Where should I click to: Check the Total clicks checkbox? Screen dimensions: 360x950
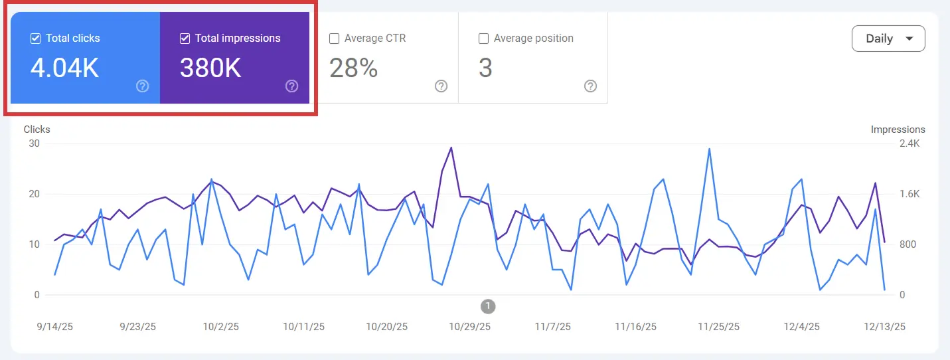click(36, 39)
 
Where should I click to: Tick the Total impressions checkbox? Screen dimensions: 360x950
click(185, 39)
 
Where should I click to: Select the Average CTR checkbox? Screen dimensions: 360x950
click(335, 39)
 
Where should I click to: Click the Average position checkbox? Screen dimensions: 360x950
click(484, 39)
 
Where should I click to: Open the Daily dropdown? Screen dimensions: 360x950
click(888, 39)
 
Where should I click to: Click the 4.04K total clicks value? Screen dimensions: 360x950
click(65, 68)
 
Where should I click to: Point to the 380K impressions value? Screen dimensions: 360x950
click(210, 68)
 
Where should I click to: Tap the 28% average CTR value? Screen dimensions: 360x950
click(353, 68)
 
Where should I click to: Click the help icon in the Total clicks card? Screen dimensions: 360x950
click(142, 86)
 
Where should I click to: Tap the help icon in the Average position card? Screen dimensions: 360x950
click(590, 86)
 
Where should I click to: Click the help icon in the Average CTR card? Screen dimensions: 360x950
click(441, 86)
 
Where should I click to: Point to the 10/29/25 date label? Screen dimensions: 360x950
click(469, 327)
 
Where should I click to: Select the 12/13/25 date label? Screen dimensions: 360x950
click(884, 327)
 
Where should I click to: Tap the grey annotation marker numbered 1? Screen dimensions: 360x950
click(488, 306)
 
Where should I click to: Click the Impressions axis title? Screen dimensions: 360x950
click(898, 130)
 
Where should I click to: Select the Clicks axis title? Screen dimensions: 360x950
click(37, 130)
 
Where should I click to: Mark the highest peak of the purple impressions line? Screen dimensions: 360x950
click(451, 147)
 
